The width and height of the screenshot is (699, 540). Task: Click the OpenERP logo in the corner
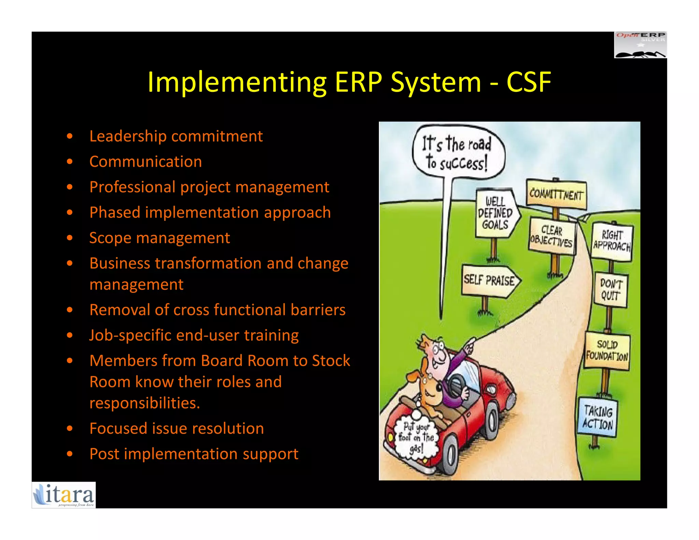[x=640, y=45]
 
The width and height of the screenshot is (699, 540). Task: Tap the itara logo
[x=64, y=495]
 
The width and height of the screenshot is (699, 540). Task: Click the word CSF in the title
[x=528, y=82]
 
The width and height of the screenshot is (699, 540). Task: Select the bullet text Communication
[x=145, y=161]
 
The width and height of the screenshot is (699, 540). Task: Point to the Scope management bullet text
[x=159, y=238]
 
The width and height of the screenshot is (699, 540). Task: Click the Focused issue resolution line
[x=176, y=428]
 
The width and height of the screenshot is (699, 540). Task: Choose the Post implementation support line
[x=194, y=454]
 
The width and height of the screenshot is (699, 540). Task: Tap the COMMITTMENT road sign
[x=556, y=195]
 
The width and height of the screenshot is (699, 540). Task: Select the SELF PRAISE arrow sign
[x=490, y=281]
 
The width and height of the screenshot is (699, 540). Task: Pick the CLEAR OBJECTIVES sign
[x=552, y=236]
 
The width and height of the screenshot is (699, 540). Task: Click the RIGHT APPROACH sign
[x=612, y=241]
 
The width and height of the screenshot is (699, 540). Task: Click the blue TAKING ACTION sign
[x=598, y=417]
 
